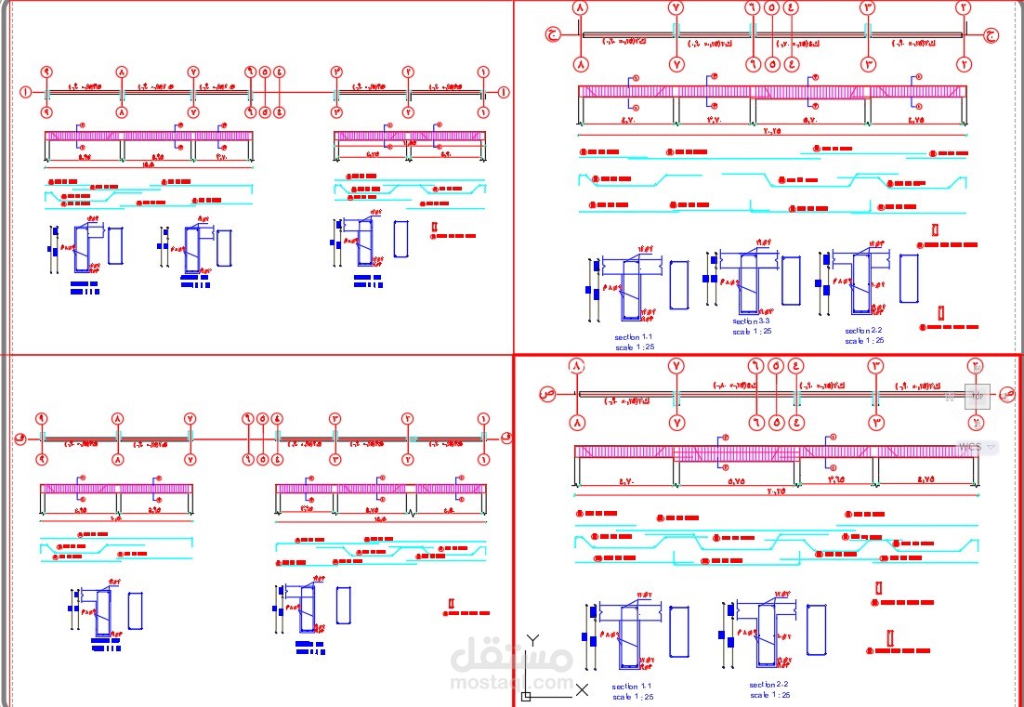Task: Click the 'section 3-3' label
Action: (751, 321)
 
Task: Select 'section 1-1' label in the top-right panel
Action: (634, 337)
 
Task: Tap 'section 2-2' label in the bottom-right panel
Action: (769, 684)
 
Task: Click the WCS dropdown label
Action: (970, 447)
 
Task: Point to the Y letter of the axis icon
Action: (532, 639)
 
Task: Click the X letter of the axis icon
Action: (582, 689)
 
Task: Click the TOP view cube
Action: (977, 396)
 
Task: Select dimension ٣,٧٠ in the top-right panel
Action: (715, 120)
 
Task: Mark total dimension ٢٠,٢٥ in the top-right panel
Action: (770, 131)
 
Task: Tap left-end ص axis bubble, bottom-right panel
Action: (548, 394)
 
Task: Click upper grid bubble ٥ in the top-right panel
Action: (772, 7)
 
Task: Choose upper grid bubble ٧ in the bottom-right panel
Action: (676, 366)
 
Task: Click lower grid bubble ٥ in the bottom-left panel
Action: (263, 459)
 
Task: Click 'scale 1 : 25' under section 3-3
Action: (751, 331)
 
